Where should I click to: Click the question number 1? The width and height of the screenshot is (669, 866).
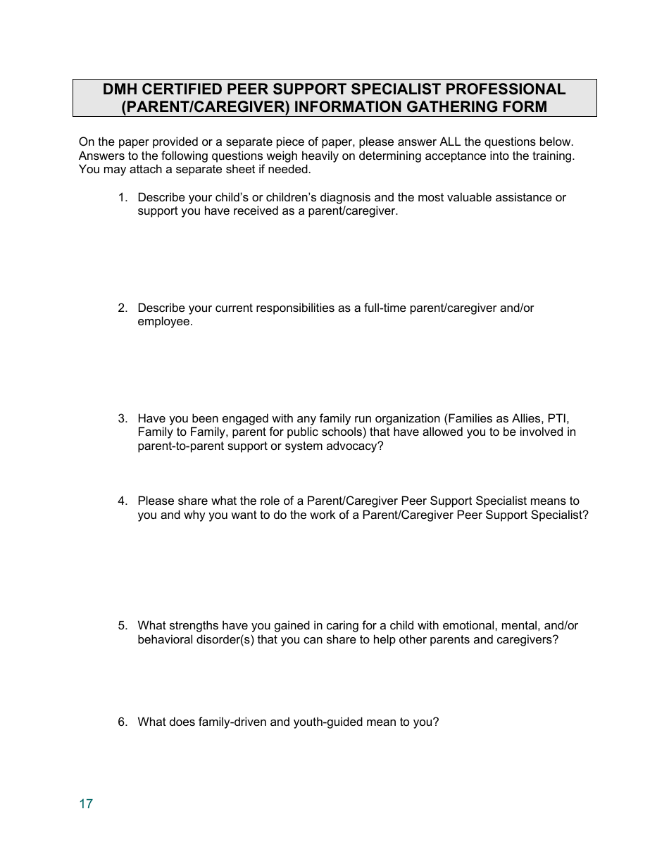122,198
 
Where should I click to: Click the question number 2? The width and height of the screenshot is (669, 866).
122,308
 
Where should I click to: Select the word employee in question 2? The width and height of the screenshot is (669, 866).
163,322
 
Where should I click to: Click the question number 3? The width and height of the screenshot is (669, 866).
122,419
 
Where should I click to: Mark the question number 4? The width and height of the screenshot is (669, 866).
122,501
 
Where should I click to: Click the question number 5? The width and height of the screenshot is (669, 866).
122,626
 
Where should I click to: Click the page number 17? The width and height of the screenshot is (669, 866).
86,804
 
